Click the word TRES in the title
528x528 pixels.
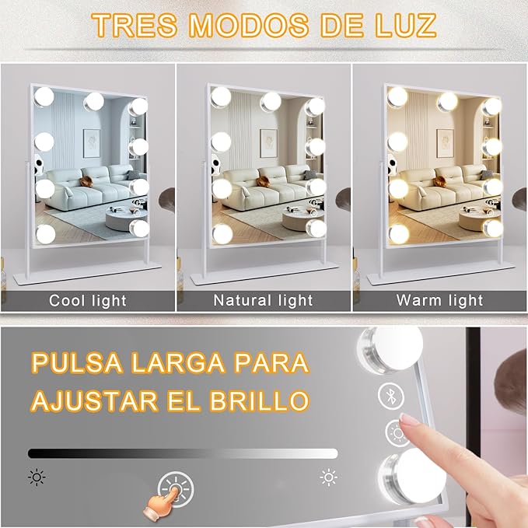(135, 25)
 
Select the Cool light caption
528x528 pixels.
(88, 300)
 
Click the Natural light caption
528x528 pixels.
(264, 300)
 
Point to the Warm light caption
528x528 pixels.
(440, 300)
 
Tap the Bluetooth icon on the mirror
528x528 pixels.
(391, 396)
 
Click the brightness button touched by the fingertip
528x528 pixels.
(397, 433)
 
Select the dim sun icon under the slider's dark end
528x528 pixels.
(37, 477)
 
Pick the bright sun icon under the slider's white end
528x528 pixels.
(329, 477)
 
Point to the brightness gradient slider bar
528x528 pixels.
(183, 453)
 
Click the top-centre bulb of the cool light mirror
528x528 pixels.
(94, 102)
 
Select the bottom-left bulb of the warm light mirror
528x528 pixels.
(399, 234)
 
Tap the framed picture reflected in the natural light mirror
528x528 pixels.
(268, 143)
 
